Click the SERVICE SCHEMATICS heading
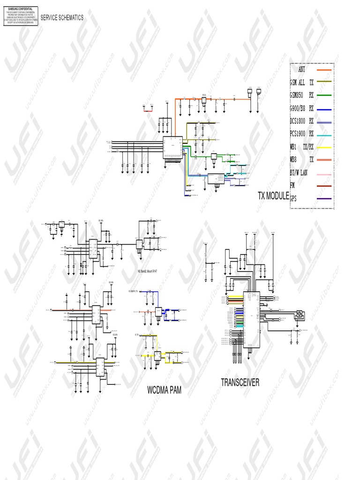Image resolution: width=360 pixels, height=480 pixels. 62,18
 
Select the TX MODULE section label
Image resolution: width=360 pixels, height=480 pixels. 273,196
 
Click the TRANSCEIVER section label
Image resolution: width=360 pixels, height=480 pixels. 240,383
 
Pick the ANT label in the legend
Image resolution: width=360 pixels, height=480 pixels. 301,69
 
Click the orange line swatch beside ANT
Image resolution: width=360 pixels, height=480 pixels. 324,70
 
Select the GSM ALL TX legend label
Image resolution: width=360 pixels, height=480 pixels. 301,82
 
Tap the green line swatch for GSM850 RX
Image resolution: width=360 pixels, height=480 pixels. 324,96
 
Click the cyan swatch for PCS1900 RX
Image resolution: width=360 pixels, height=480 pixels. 324,135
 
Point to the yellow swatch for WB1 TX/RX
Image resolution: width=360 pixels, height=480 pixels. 324,148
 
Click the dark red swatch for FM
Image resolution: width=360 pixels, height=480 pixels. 324,186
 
